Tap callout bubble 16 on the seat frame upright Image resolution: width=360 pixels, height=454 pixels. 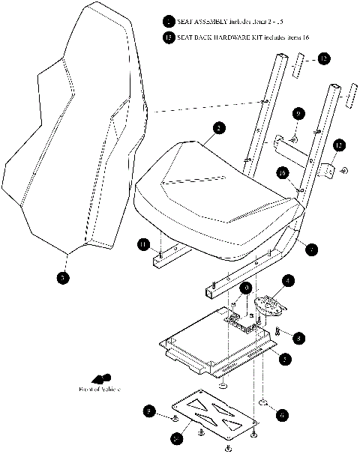tap(283, 173)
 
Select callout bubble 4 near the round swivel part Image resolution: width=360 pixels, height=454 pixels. tap(288, 282)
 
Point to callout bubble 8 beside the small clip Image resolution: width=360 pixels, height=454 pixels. tap(299, 338)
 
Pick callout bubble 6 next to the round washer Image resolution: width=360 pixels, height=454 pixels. tap(281, 412)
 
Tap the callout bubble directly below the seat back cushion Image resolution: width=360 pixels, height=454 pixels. tap(64, 278)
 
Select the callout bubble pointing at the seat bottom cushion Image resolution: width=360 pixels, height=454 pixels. tap(217, 129)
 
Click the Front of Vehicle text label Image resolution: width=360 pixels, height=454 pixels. tap(100, 390)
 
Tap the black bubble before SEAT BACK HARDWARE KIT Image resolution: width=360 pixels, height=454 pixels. tap(169, 37)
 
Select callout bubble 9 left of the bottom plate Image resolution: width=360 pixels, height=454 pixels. tap(151, 411)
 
